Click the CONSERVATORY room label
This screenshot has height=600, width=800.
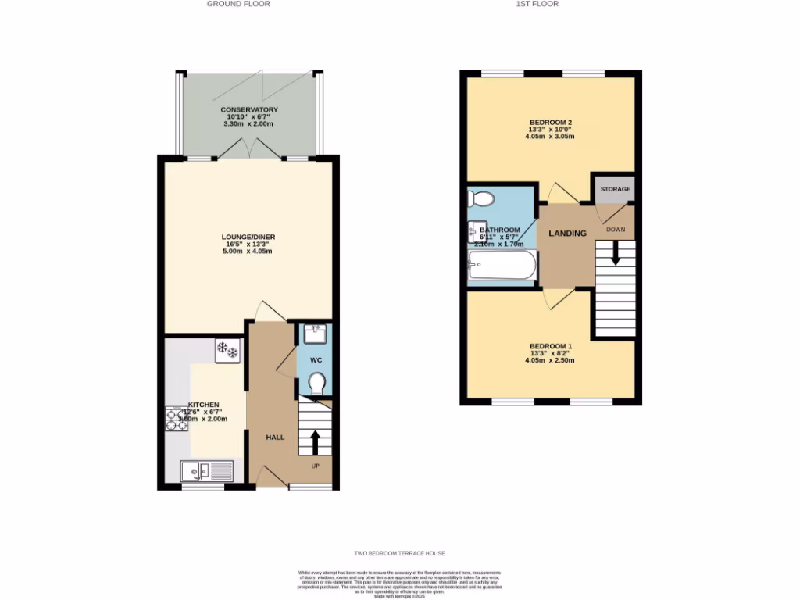(x=249, y=109)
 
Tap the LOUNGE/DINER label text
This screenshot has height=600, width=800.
(x=249, y=237)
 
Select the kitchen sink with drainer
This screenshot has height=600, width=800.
(x=207, y=471)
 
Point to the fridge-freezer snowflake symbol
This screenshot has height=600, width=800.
(x=227, y=350)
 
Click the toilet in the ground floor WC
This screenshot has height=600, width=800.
(x=316, y=383)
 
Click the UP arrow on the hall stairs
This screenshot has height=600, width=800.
(x=316, y=441)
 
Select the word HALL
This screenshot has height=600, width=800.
(x=275, y=437)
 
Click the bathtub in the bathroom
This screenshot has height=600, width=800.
(x=502, y=265)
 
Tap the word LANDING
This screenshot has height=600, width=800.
(x=567, y=234)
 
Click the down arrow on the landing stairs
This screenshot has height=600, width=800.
(x=616, y=252)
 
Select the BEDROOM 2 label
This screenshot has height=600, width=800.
(x=551, y=122)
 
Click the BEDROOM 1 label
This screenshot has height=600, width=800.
(x=551, y=346)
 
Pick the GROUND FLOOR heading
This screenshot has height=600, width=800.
(x=238, y=4)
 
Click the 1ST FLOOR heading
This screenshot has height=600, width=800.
(x=537, y=4)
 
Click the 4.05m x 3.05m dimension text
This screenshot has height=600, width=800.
(x=550, y=137)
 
